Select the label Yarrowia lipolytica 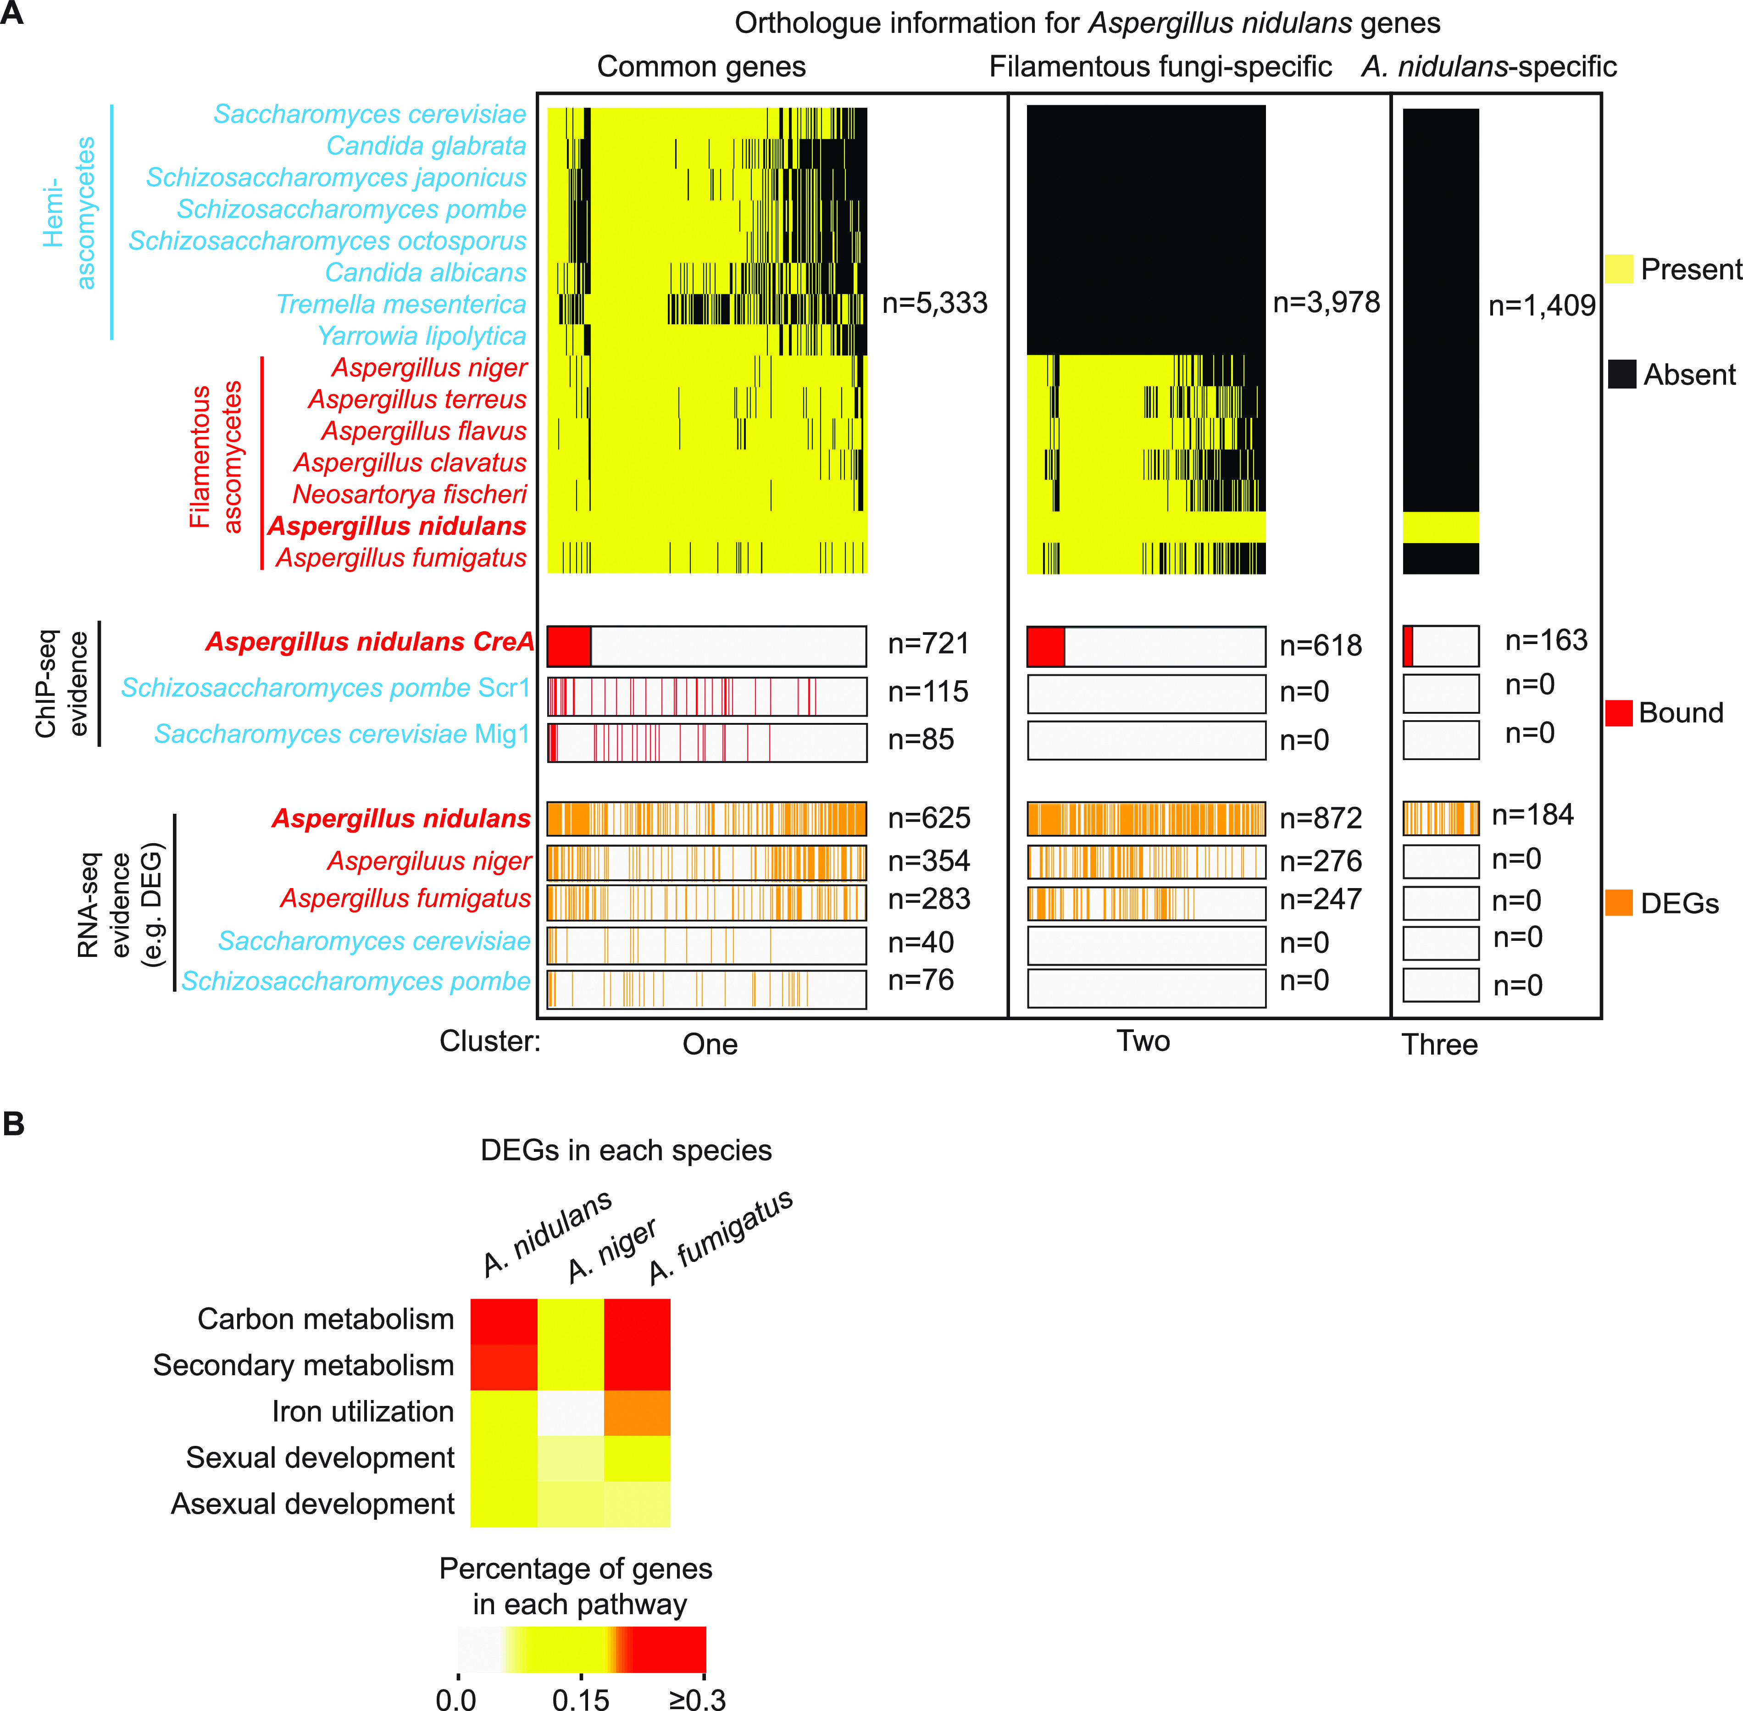pos(422,336)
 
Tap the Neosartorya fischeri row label pos(410,494)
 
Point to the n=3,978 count pos(1326,303)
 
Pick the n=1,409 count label pos(1542,306)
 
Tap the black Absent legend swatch pos(1622,374)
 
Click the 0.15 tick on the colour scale pos(580,1699)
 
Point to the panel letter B pos(13,1124)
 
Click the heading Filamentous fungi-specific pos(1160,67)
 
